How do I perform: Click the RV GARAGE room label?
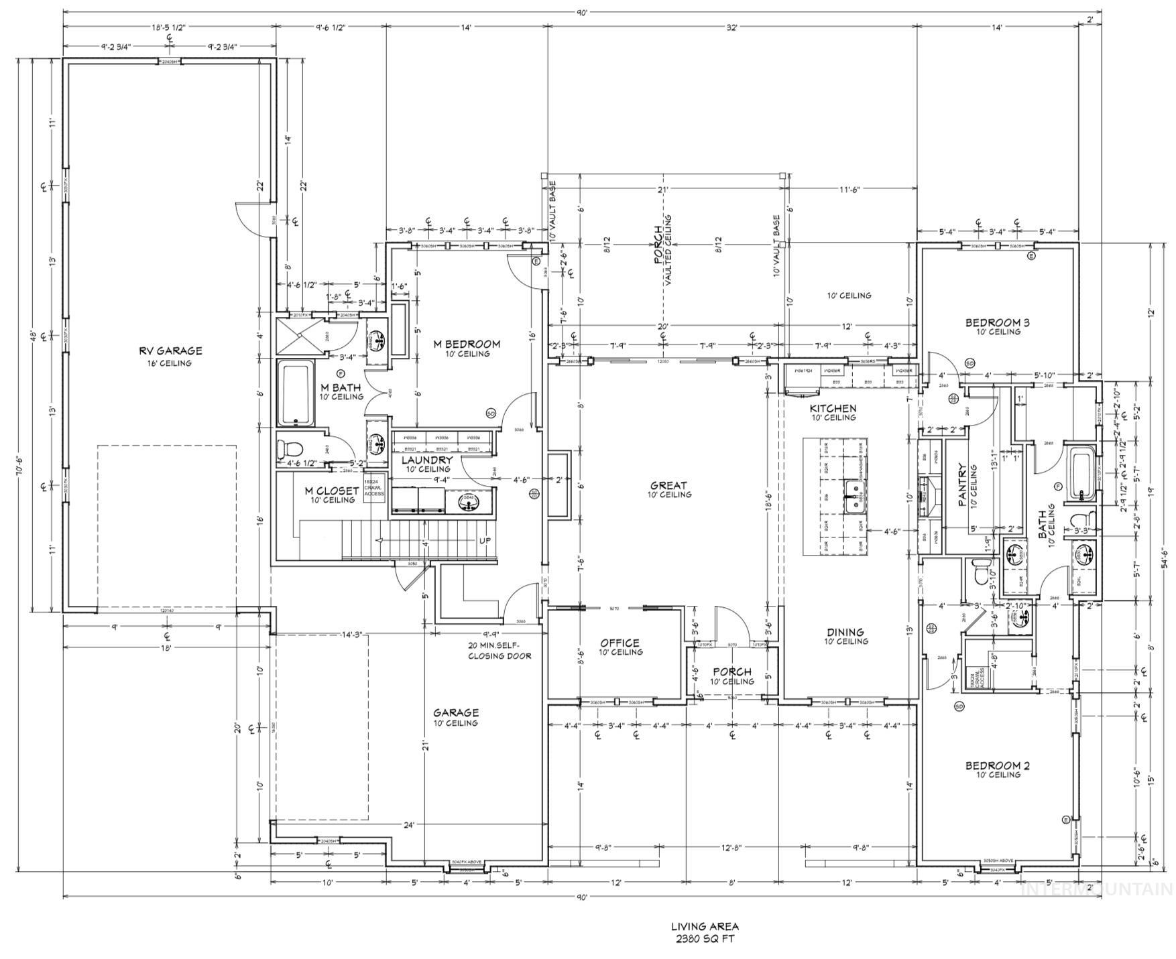(170, 351)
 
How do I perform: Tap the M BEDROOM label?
(467, 344)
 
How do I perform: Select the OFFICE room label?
(620, 643)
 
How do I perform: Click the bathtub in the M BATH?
(296, 393)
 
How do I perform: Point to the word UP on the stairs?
(485, 541)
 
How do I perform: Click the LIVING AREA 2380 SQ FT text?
(705, 932)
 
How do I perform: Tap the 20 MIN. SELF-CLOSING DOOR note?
(499, 651)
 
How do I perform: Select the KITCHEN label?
(833, 409)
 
